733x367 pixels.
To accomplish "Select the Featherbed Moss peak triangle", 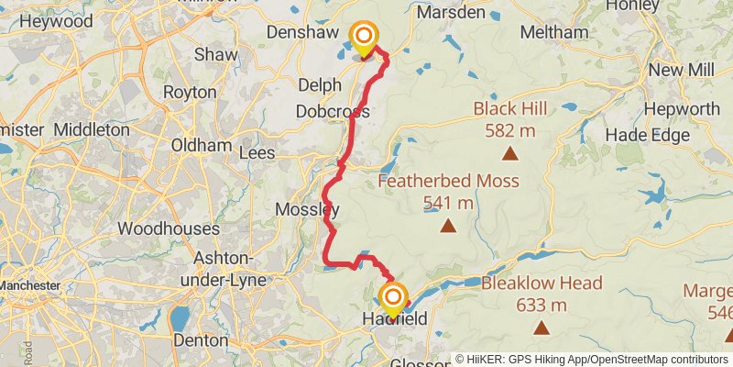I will [x=448, y=226].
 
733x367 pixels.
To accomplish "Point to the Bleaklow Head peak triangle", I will [x=542, y=328].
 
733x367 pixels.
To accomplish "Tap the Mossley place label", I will [x=307, y=210].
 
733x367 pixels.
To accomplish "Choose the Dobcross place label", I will [x=333, y=111].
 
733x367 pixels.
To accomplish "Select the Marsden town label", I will [x=451, y=13].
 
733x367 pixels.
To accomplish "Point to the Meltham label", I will [x=553, y=32].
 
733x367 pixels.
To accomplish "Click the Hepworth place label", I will [x=682, y=109].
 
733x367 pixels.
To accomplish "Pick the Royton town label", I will [x=190, y=92].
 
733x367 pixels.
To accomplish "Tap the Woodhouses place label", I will [x=169, y=228].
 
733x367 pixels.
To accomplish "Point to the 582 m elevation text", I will [x=510, y=130].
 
